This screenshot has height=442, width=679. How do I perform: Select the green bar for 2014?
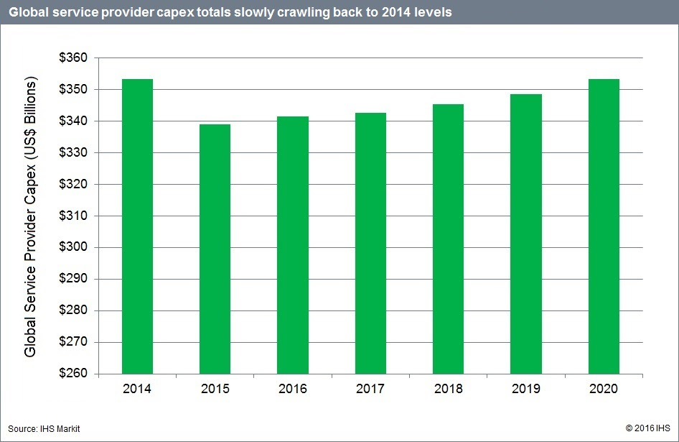point(137,226)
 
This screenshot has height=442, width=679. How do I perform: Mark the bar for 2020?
point(604,226)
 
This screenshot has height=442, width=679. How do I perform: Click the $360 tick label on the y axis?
point(72,58)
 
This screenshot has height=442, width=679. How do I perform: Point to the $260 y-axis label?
point(72,374)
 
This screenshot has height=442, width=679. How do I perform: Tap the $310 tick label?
point(72,216)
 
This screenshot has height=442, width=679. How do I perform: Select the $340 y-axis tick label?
point(72,121)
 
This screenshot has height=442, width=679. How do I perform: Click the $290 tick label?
point(72,280)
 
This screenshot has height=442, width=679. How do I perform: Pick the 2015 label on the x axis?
point(215,390)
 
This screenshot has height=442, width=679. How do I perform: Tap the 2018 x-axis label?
point(449,390)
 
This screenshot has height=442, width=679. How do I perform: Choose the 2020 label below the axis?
point(604,390)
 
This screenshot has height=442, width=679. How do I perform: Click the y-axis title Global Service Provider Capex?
point(30,216)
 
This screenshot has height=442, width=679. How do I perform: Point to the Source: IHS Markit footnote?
point(44,429)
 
